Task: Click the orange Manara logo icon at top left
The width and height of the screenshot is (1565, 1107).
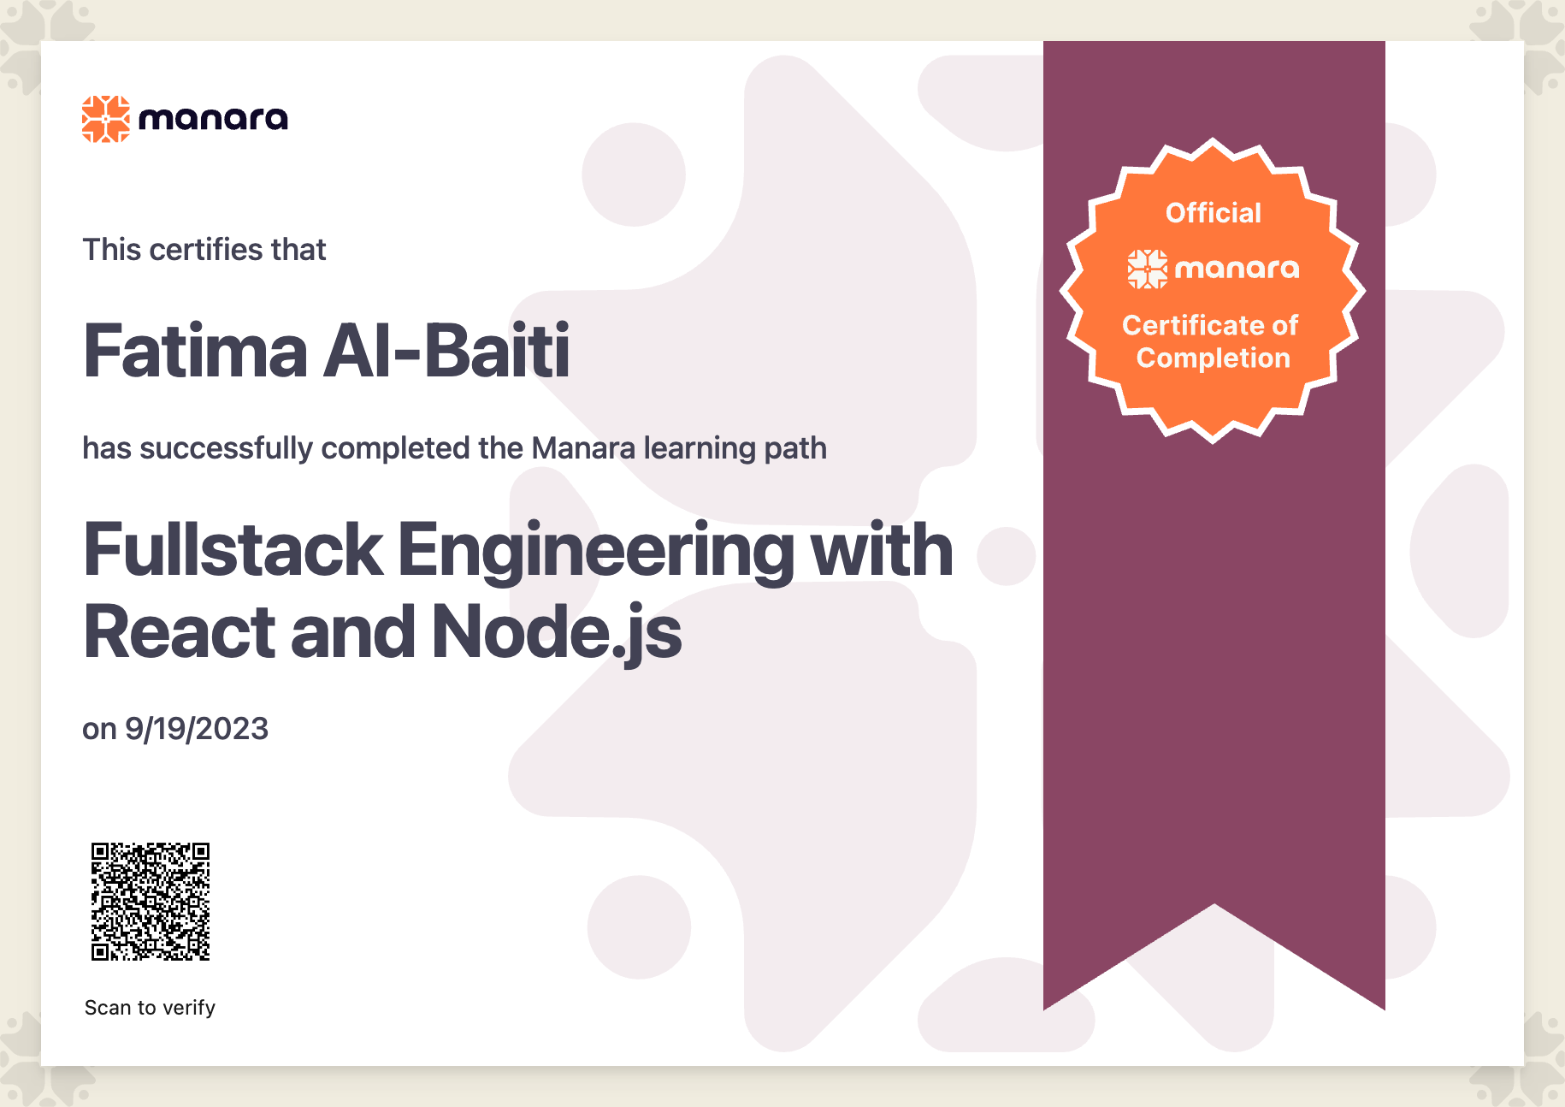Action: click(x=106, y=119)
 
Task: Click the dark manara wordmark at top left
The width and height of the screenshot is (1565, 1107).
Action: click(x=213, y=119)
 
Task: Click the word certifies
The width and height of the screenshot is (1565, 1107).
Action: click(x=206, y=250)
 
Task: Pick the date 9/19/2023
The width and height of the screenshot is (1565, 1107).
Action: click(x=197, y=729)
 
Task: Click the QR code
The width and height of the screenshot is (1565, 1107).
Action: click(x=151, y=902)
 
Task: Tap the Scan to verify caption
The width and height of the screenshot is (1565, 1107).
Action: click(x=150, y=1008)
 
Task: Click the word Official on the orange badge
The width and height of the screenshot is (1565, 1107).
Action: click(x=1214, y=212)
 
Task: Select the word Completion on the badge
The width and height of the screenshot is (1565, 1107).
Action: click(x=1214, y=358)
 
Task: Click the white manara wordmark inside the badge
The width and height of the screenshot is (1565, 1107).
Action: click(x=1237, y=269)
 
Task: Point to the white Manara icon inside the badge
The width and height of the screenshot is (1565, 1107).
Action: click(x=1147, y=269)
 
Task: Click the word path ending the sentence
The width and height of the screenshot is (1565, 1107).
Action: click(x=795, y=449)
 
